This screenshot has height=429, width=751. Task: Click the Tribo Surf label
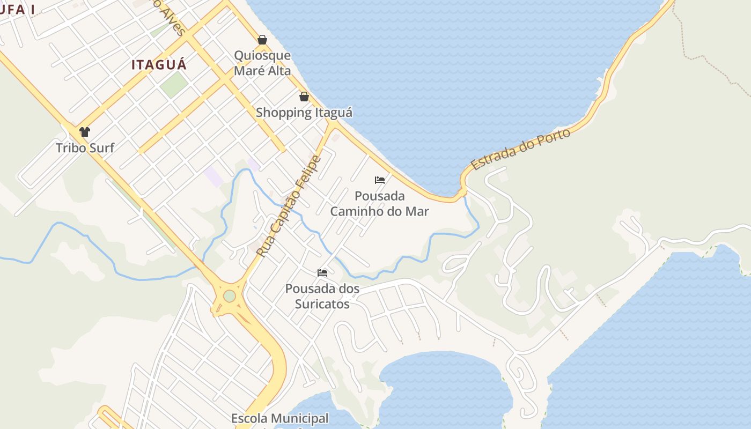pos(85,147)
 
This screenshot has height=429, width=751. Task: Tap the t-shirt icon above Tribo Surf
pos(84,132)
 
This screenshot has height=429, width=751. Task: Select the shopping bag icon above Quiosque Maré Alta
pos(262,40)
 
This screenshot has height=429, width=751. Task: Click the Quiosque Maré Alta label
pos(262,63)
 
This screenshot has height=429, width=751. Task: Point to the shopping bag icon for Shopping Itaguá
pos(304,97)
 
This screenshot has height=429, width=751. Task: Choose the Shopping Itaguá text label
pos(304,113)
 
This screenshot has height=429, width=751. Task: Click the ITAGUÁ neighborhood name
pos(159,65)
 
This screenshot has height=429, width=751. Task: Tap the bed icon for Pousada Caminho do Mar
pos(380,180)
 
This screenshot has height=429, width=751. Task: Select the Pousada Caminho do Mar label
pos(379,204)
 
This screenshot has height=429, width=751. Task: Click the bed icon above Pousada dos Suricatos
pos(322,273)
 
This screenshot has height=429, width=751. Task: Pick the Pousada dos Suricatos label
pos(322,296)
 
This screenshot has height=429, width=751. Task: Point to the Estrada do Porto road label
pos(520,150)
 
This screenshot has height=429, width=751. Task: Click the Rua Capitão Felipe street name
pos(288,205)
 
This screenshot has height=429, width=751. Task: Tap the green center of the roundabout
pos(230,296)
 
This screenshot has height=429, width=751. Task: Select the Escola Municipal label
pos(279,418)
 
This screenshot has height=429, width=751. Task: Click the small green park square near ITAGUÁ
pos(174,85)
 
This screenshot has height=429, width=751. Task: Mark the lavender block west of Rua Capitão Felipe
pos(214,176)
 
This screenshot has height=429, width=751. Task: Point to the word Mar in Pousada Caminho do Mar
pos(417,211)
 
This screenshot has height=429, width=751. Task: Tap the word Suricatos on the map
pos(322,304)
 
